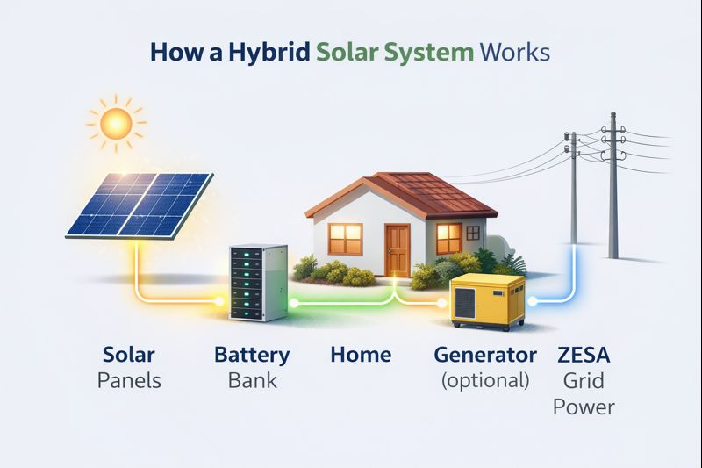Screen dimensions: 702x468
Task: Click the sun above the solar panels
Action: (x=117, y=123)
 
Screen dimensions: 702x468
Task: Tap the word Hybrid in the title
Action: (x=269, y=53)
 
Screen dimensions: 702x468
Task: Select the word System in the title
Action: (x=429, y=53)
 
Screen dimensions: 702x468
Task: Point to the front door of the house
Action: (x=398, y=251)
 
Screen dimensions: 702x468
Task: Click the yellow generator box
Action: (x=487, y=302)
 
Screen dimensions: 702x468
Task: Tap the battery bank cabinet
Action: (x=258, y=283)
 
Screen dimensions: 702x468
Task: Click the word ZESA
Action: (x=584, y=355)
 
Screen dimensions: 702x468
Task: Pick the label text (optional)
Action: (x=485, y=381)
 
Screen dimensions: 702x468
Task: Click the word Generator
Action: (x=485, y=355)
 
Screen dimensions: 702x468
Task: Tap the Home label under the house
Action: (x=361, y=355)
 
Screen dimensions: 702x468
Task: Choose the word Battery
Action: (x=252, y=356)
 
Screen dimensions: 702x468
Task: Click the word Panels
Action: (x=129, y=381)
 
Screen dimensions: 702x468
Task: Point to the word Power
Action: (x=584, y=407)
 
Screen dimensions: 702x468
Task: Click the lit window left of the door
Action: (x=346, y=239)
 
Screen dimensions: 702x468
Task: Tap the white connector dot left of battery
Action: (x=219, y=301)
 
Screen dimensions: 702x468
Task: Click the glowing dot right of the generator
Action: (x=532, y=301)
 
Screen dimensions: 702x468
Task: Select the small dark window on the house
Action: (x=473, y=233)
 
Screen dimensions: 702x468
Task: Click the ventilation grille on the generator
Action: (x=465, y=303)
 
